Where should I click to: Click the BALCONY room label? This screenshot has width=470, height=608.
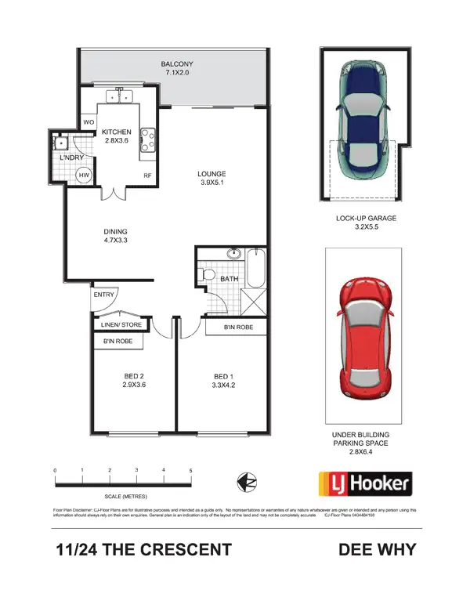[x=176, y=63]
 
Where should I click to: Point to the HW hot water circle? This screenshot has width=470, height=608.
[x=85, y=176]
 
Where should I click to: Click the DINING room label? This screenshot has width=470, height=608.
[x=114, y=232]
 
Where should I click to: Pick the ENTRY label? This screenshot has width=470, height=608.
[x=103, y=295]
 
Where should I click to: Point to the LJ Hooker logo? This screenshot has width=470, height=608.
[x=363, y=483]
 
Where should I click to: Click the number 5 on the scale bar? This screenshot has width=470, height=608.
[x=190, y=470]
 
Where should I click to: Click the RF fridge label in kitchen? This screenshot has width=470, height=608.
[x=146, y=176]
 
